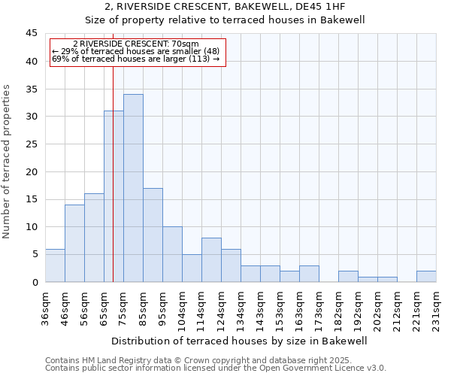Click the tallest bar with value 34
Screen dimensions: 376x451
(133, 188)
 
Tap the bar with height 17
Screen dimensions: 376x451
(153, 235)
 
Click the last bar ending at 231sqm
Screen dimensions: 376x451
(426, 276)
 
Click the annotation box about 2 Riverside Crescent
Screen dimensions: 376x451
(138, 52)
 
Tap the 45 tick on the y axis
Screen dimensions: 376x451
(31, 34)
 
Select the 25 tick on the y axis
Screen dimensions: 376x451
(31, 144)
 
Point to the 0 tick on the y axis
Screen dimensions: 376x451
(34, 282)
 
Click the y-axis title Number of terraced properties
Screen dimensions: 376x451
(8, 161)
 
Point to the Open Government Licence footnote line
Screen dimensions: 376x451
(216, 368)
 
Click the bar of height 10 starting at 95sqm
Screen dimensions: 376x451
(172, 254)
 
